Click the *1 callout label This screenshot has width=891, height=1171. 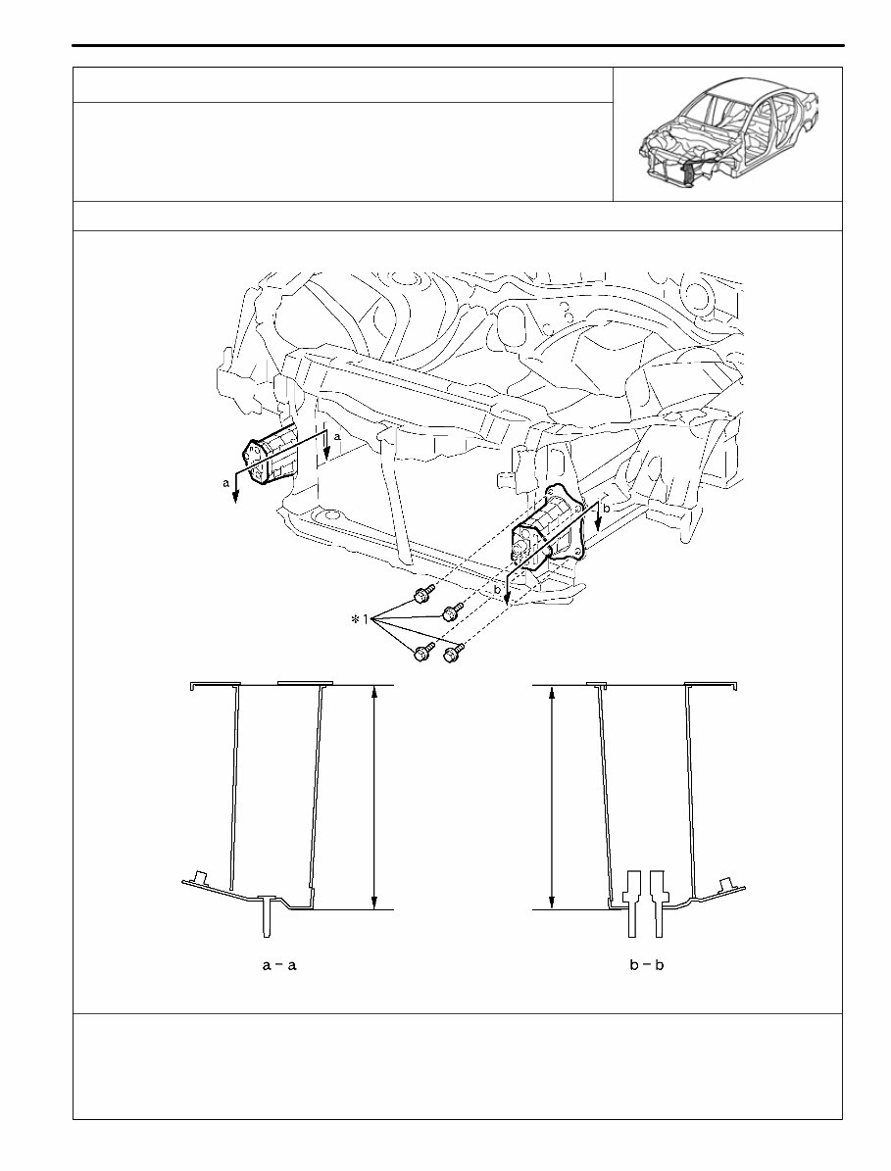pyautogui.click(x=359, y=620)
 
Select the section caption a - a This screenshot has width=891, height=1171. pyautogui.click(x=279, y=965)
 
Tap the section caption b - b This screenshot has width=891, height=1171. pyautogui.click(x=646, y=965)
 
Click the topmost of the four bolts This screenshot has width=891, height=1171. pyautogui.click(x=423, y=593)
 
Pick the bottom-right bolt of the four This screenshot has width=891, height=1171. pyautogui.click(x=453, y=652)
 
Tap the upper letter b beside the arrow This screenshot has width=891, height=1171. pyautogui.click(x=606, y=509)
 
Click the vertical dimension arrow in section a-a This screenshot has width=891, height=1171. pyautogui.click(x=373, y=797)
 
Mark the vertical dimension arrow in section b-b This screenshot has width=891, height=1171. pyautogui.click(x=553, y=797)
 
